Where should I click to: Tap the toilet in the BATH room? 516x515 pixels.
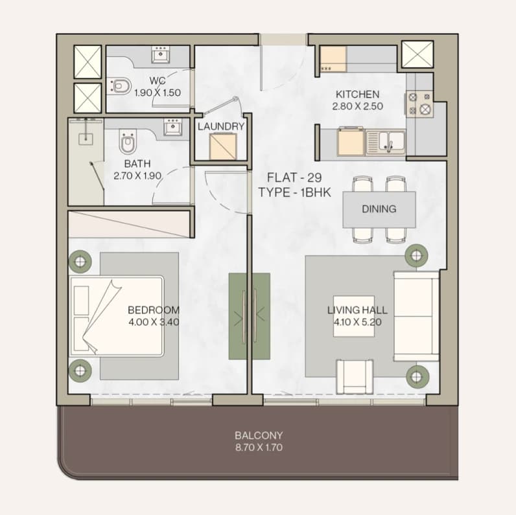coord(128,142)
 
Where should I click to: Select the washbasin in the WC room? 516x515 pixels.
coord(161,54)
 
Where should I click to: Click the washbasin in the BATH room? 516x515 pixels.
coord(172,127)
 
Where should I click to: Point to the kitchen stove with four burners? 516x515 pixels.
coord(419,104)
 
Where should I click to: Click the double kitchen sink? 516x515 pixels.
coord(385,142)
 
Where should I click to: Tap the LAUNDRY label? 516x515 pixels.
coord(221,126)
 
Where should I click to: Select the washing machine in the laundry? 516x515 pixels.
coord(223,146)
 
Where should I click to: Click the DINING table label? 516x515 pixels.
coord(379,209)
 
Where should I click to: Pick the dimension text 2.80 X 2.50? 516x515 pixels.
coord(357,106)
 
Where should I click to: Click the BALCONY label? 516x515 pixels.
coord(259,435)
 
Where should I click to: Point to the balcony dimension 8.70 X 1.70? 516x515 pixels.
coord(259,447)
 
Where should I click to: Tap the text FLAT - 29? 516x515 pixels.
coord(294,177)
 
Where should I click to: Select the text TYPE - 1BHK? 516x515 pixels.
coord(294,192)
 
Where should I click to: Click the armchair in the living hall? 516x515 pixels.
coord(355,376)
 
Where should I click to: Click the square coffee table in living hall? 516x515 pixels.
coord(354,316)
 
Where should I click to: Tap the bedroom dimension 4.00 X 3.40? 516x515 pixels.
coord(154,321)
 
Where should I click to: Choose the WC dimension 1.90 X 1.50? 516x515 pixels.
coord(158,93)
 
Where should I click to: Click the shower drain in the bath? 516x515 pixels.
coord(86,139)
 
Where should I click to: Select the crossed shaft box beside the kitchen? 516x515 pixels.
coord(417,54)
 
